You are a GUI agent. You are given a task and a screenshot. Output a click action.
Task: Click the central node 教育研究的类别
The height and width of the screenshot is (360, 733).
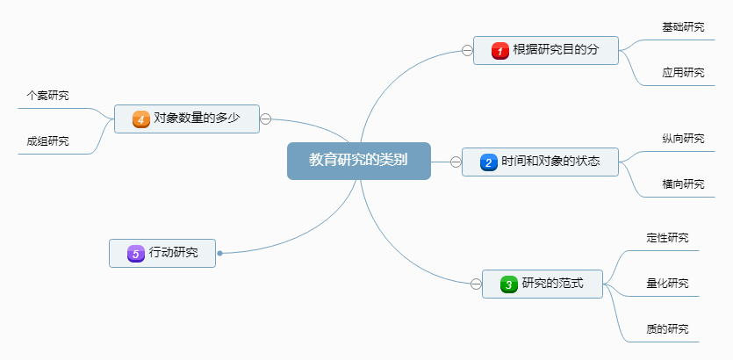(x=358, y=161)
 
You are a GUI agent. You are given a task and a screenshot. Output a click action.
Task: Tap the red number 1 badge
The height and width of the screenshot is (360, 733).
(x=500, y=51)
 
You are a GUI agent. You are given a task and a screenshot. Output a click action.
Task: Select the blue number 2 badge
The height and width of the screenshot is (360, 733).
(x=489, y=162)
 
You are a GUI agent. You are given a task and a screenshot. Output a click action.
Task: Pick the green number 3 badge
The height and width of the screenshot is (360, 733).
(x=509, y=284)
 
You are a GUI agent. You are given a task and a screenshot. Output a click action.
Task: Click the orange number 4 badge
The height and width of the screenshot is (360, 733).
(x=140, y=119)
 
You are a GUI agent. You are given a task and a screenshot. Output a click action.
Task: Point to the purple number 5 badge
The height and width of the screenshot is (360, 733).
(x=135, y=253)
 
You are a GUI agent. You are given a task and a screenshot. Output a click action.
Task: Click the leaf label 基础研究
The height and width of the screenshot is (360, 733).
(x=683, y=27)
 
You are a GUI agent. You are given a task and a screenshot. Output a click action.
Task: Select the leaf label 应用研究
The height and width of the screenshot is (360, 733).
(x=683, y=72)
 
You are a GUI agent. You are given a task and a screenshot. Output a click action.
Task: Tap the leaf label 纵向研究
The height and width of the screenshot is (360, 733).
(x=683, y=139)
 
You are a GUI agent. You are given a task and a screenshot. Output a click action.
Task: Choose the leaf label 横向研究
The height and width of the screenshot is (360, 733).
(x=683, y=184)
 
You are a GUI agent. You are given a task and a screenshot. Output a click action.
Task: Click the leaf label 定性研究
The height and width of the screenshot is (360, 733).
(x=667, y=238)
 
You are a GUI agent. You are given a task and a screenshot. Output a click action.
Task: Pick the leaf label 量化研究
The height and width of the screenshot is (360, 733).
(x=667, y=284)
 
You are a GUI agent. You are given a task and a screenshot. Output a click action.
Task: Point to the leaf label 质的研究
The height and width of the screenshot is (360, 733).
(x=667, y=329)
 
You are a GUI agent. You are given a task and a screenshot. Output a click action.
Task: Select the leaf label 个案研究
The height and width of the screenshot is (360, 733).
(x=48, y=96)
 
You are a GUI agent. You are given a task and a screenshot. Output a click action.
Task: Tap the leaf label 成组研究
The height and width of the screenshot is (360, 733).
(x=48, y=141)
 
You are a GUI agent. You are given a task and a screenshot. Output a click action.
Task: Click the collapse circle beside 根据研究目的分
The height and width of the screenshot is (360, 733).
(x=467, y=50)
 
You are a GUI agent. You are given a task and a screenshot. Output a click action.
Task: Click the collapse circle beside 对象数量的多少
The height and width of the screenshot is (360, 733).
(x=266, y=119)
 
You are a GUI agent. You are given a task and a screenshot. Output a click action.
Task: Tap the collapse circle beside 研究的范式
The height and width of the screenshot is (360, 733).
(x=476, y=284)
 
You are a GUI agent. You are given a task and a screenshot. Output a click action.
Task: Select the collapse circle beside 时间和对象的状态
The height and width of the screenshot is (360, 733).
(x=456, y=162)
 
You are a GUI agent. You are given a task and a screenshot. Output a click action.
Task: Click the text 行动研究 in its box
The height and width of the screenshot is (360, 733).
(x=174, y=253)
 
